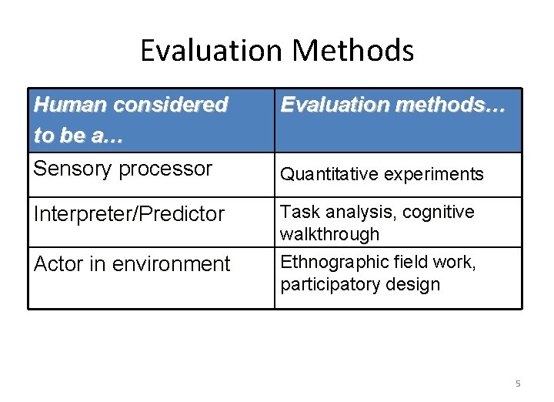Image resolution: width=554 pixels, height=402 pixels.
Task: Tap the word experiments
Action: (x=436, y=174)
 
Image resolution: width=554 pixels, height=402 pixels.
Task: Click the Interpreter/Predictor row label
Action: (x=128, y=213)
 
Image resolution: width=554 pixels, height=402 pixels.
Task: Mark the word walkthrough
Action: (x=330, y=233)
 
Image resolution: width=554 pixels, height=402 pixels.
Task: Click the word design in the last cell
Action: (x=416, y=284)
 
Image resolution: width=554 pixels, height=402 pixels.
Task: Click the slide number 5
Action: (x=517, y=383)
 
